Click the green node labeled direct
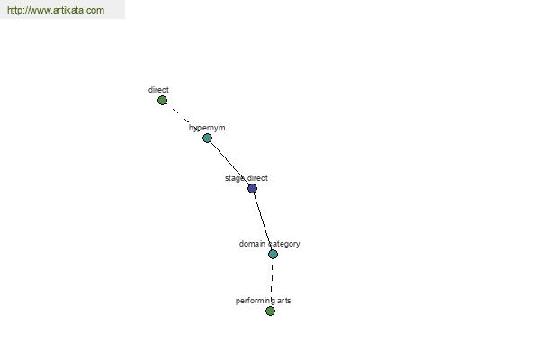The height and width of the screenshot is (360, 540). (x=162, y=101)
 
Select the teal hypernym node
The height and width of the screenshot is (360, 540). (x=207, y=138)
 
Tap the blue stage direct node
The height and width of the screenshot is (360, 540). (x=252, y=188)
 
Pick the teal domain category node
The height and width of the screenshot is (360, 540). (x=273, y=254)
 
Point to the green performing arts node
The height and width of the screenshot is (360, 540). (x=270, y=311)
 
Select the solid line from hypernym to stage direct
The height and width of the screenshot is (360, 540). (x=229, y=163)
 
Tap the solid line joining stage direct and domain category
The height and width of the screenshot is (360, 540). (x=263, y=221)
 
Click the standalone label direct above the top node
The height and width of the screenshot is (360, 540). (x=158, y=90)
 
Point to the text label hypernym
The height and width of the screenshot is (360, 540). (x=207, y=128)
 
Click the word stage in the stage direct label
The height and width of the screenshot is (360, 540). (x=235, y=178)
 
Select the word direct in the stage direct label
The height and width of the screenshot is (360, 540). (x=257, y=178)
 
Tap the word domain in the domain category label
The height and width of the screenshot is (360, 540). (x=252, y=244)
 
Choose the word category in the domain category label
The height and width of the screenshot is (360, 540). (x=284, y=244)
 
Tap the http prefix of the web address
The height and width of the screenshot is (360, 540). (x=13, y=10)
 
